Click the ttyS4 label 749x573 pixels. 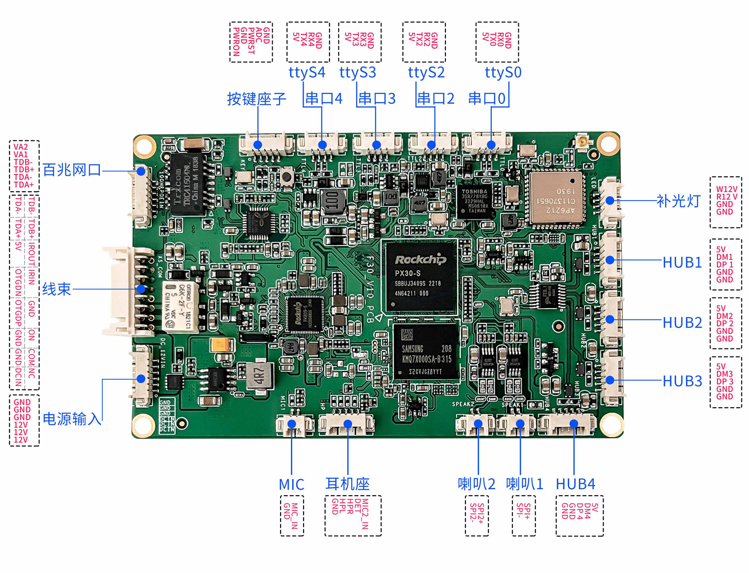point(307,73)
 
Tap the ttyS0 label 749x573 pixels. point(503,73)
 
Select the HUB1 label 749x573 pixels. point(682,263)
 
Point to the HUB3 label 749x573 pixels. point(682,381)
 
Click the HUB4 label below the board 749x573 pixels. point(575,484)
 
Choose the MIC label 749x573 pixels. point(292,485)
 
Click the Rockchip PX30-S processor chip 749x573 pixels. point(419,278)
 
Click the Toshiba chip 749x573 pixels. point(475,201)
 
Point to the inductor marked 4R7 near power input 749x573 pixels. point(259,375)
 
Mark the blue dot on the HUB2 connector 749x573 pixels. point(610,319)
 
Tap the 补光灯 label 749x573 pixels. point(678,201)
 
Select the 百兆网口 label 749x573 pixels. point(71,170)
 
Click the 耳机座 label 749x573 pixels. point(348,484)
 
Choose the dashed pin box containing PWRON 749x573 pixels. point(251,42)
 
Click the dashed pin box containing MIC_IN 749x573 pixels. point(292,516)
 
